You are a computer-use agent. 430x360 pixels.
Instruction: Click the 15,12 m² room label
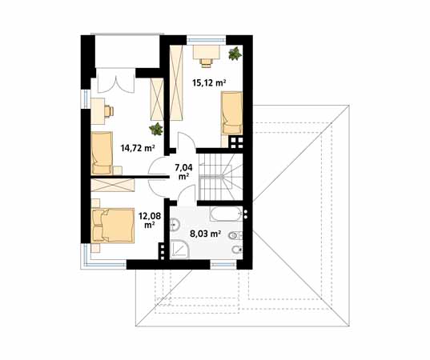(x=209, y=82)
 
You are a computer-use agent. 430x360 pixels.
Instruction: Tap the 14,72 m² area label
(x=138, y=148)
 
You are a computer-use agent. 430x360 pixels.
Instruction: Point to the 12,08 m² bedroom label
(x=150, y=221)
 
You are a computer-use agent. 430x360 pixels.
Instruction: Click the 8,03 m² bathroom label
(x=206, y=234)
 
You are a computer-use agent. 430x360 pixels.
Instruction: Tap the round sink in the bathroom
(x=175, y=225)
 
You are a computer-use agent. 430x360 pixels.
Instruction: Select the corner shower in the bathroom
(x=179, y=250)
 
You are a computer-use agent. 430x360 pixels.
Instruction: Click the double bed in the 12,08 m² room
(x=113, y=226)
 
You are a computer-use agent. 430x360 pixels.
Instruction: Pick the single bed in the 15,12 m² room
(x=231, y=113)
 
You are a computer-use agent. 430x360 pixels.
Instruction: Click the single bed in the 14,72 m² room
(x=102, y=153)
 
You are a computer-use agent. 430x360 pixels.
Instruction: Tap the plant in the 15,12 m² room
(x=235, y=53)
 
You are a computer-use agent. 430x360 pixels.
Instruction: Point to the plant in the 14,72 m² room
(x=156, y=129)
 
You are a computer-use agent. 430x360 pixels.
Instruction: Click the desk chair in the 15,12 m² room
(x=207, y=62)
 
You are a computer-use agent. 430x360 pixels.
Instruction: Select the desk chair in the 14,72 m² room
(x=109, y=111)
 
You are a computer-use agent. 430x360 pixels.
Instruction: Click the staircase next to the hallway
(x=220, y=177)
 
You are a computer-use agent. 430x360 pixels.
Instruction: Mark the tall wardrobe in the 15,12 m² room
(x=176, y=82)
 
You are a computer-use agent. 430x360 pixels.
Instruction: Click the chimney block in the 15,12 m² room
(x=237, y=142)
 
